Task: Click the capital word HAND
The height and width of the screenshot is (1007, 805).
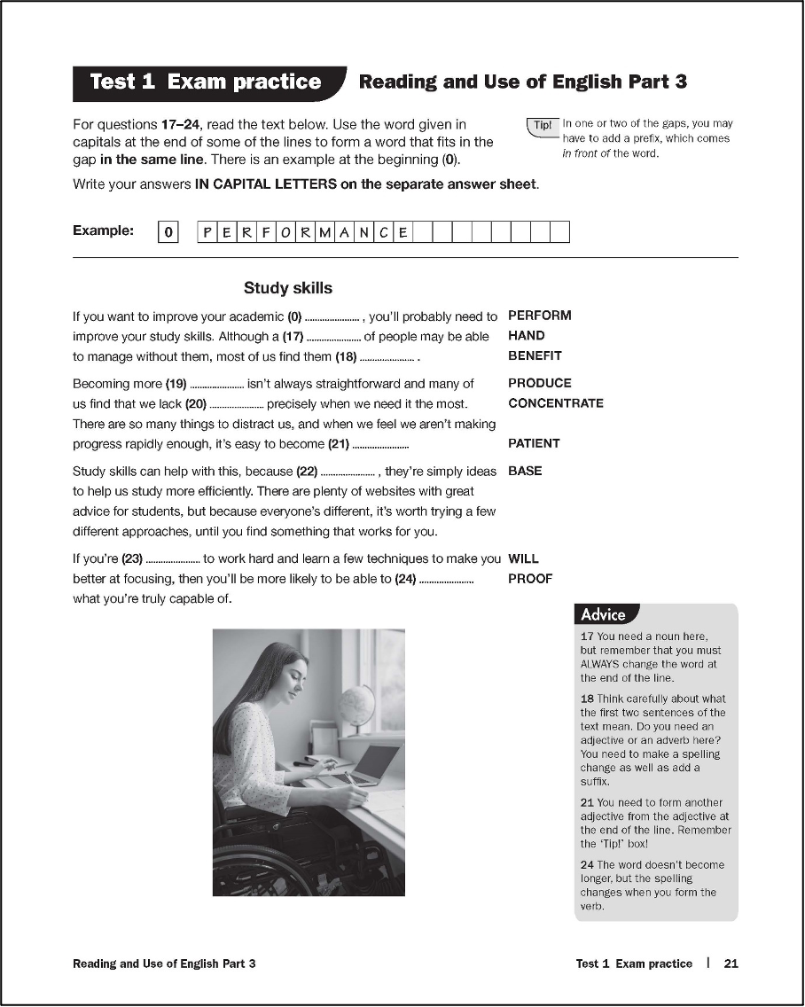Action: [526, 336]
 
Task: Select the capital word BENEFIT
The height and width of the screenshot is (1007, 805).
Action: [535, 356]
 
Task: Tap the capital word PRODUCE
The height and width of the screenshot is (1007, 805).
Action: [539, 383]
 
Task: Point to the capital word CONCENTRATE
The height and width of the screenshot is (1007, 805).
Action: [555, 403]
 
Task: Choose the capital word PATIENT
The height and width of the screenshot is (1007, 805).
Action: [534, 443]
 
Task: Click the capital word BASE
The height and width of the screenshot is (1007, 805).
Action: [525, 471]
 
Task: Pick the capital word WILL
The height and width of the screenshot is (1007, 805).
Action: [523, 559]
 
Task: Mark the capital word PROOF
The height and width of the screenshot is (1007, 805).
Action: [529, 579]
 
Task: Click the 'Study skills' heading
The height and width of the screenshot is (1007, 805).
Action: [288, 288]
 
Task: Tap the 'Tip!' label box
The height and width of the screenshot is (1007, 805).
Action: [542, 126]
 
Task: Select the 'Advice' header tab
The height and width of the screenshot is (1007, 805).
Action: [604, 614]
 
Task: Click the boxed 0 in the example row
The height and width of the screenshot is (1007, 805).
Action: [168, 232]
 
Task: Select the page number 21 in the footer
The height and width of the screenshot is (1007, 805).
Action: [731, 964]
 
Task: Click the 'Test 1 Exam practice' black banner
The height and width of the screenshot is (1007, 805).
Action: [206, 82]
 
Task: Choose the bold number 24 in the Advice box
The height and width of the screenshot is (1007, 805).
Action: [587, 864]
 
